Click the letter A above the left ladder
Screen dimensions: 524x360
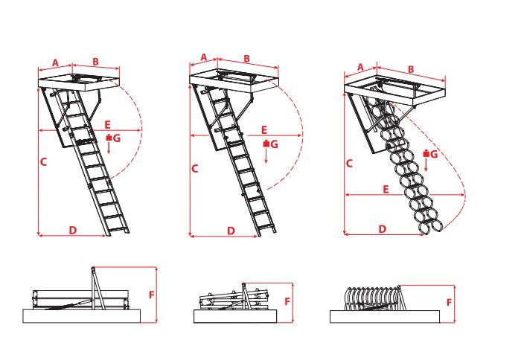(56, 62)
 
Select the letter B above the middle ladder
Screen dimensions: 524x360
(246, 59)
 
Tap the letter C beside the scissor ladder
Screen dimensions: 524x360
(349, 164)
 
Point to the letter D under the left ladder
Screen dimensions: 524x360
(73, 230)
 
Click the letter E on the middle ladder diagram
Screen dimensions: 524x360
(264, 130)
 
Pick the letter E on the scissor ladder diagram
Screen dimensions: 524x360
(386, 190)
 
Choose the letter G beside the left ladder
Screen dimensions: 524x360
(117, 138)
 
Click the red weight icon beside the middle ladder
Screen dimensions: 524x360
(266, 144)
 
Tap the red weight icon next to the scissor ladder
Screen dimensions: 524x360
(426, 154)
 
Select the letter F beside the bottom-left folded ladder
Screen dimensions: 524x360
(152, 295)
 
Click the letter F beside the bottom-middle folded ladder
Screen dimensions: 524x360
(287, 301)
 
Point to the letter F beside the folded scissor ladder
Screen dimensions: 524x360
(449, 303)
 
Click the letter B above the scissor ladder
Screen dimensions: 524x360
(411, 69)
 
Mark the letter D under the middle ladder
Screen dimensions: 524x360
(231, 231)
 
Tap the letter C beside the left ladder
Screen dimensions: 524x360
(43, 162)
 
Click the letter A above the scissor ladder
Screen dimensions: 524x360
(360, 68)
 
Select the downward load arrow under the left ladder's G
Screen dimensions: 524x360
(109, 147)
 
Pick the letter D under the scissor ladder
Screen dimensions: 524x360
(383, 229)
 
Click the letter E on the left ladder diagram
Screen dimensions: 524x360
(107, 125)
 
